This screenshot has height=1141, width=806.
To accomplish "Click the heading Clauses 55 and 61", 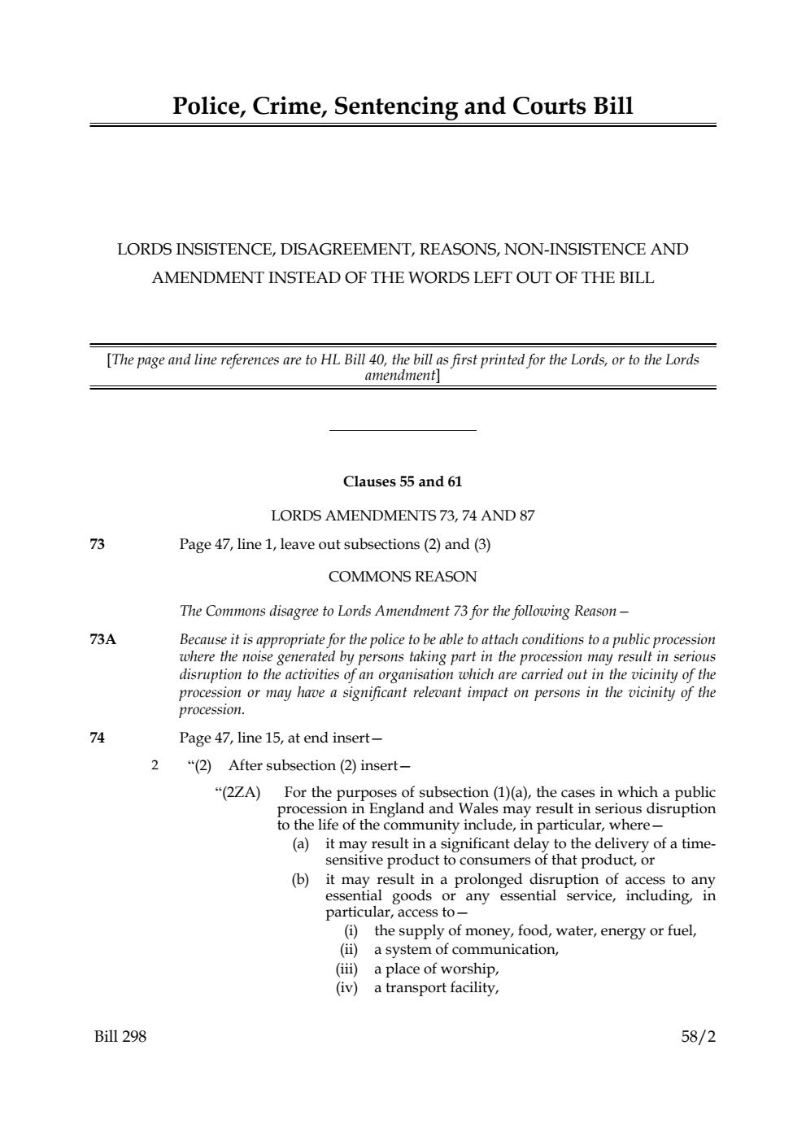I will (403, 481).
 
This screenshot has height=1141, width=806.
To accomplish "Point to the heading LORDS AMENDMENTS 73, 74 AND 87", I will (403, 516).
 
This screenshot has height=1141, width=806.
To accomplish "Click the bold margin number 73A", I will (103, 639).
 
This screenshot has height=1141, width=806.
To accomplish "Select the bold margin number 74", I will (97, 738).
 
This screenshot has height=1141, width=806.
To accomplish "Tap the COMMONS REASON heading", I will (403, 577).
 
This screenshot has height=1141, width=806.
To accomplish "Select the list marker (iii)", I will (346, 969).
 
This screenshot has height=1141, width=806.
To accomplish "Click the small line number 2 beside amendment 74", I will (155, 765).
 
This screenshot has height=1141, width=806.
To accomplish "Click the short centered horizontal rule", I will (403, 430).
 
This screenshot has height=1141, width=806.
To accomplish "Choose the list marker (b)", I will (301, 879).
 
